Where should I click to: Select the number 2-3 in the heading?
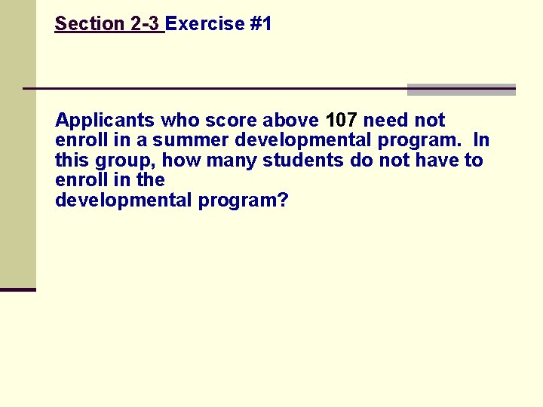point(145,24)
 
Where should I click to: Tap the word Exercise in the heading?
point(205,24)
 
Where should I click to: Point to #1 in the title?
point(260,24)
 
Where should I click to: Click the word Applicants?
point(105,121)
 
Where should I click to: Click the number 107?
point(342,121)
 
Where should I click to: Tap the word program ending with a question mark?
point(244,201)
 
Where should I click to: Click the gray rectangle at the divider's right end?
point(461,90)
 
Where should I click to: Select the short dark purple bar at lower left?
point(18,289)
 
